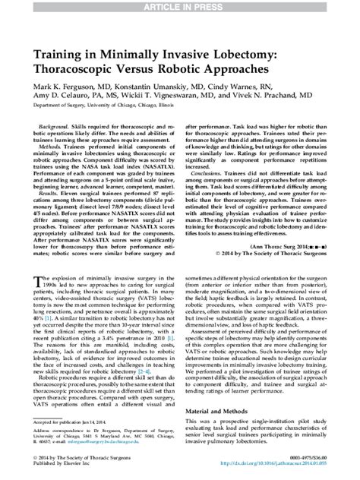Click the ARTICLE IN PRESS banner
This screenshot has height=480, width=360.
pyautogui.click(x=180, y=6)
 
